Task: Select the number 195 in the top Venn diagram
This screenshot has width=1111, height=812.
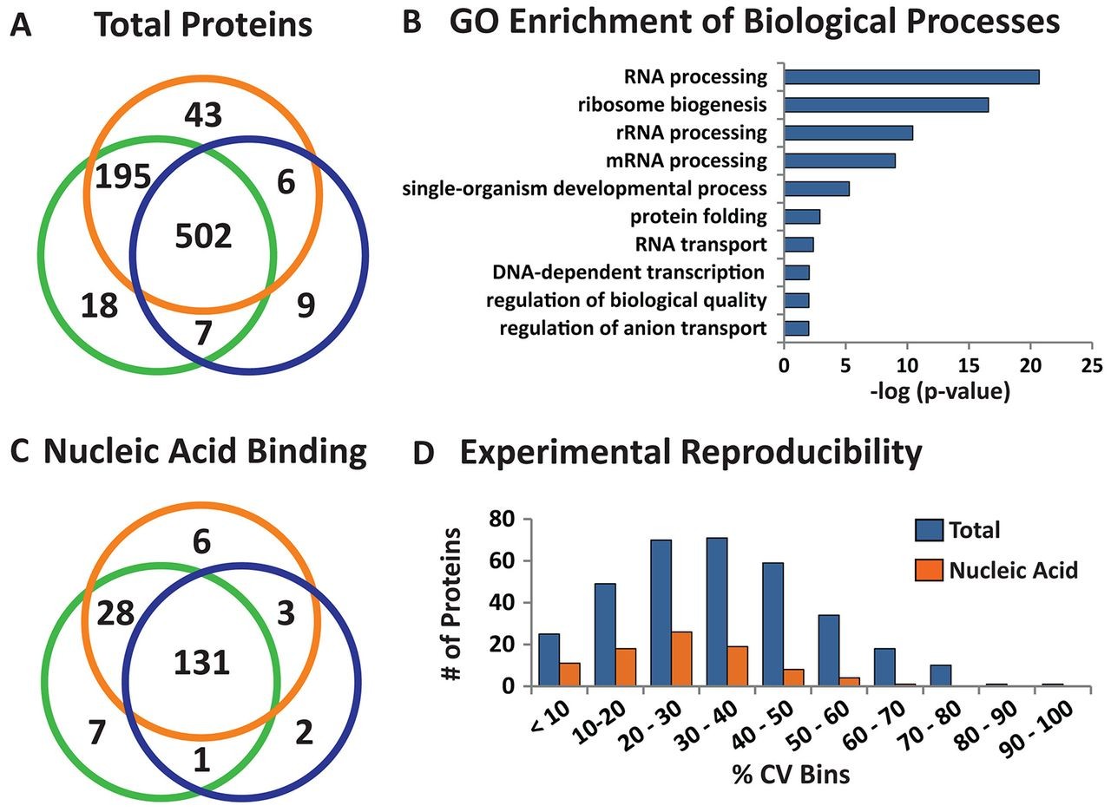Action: point(123,178)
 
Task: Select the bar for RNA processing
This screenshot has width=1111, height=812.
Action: point(911,77)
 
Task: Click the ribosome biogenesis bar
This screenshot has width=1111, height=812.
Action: point(886,105)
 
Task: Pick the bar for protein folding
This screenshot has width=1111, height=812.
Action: point(802,216)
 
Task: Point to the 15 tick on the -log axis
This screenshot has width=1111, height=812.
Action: point(969,365)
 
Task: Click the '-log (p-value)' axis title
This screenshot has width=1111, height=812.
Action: point(938,392)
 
